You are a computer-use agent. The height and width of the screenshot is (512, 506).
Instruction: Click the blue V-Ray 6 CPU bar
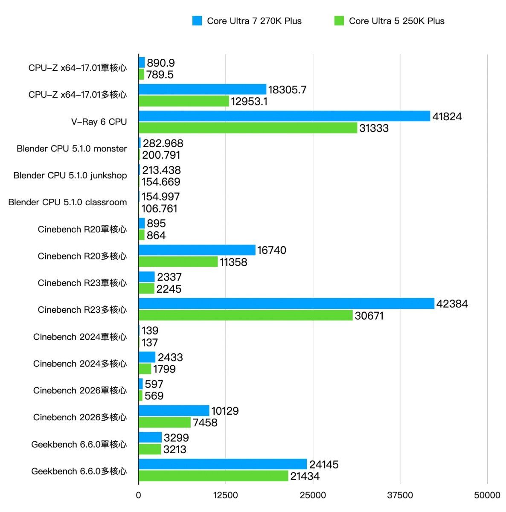[x=284, y=116]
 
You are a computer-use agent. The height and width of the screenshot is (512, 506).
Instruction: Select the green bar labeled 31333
[x=248, y=128]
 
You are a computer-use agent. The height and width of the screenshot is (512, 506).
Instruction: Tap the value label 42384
[x=452, y=304]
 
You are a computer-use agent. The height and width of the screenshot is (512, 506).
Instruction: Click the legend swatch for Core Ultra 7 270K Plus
[x=197, y=21]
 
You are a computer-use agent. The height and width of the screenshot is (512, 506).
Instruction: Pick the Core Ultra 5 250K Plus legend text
[x=396, y=21]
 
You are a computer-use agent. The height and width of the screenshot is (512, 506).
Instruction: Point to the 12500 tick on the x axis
[x=226, y=495]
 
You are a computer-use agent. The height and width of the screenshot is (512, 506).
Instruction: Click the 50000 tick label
[x=487, y=495]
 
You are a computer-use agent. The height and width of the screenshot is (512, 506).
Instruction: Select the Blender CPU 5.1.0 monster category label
[x=72, y=148]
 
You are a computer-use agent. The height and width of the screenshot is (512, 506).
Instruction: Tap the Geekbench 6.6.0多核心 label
[x=79, y=471]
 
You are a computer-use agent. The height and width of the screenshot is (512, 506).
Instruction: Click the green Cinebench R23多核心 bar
[x=246, y=315]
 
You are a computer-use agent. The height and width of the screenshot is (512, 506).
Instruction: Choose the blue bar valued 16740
[x=197, y=250]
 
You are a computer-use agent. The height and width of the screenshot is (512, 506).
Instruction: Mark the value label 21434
[x=305, y=476]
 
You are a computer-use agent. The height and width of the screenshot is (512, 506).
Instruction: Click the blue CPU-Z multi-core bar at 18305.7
[x=203, y=89]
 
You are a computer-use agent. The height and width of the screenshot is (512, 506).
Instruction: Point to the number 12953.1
[x=249, y=102]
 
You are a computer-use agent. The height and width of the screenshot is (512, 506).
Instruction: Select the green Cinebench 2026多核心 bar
[x=165, y=422]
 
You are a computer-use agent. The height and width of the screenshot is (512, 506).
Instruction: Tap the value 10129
[x=225, y=411]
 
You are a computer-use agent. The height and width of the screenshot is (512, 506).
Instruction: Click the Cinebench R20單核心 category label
[x=82, y=229]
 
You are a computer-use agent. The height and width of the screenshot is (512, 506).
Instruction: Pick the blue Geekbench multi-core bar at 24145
[x=223, y=464]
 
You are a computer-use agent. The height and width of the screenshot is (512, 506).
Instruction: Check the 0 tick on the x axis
[x=139, y=495]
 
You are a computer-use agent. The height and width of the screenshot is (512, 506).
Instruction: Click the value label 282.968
[x=163, y=143]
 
